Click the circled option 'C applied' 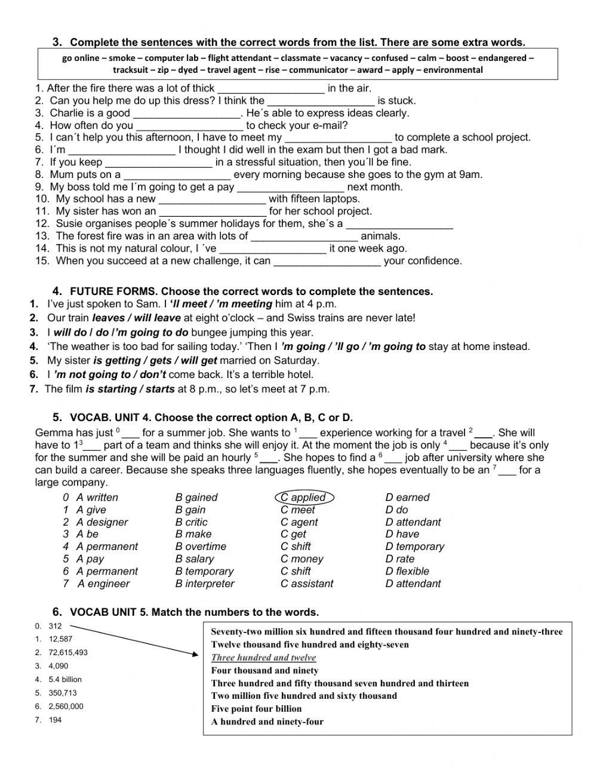pos(304,497)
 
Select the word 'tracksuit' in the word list pos(131,70)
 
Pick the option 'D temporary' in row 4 pos(414,546)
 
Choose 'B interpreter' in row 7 pos(205,584)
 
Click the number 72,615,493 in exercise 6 pos(68,652)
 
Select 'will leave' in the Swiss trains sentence pos(159,318)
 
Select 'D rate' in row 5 pos(399,559)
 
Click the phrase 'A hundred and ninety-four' pos(267,721)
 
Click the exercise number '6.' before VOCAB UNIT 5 pos(57,612)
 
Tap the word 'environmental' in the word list pos(453,70)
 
